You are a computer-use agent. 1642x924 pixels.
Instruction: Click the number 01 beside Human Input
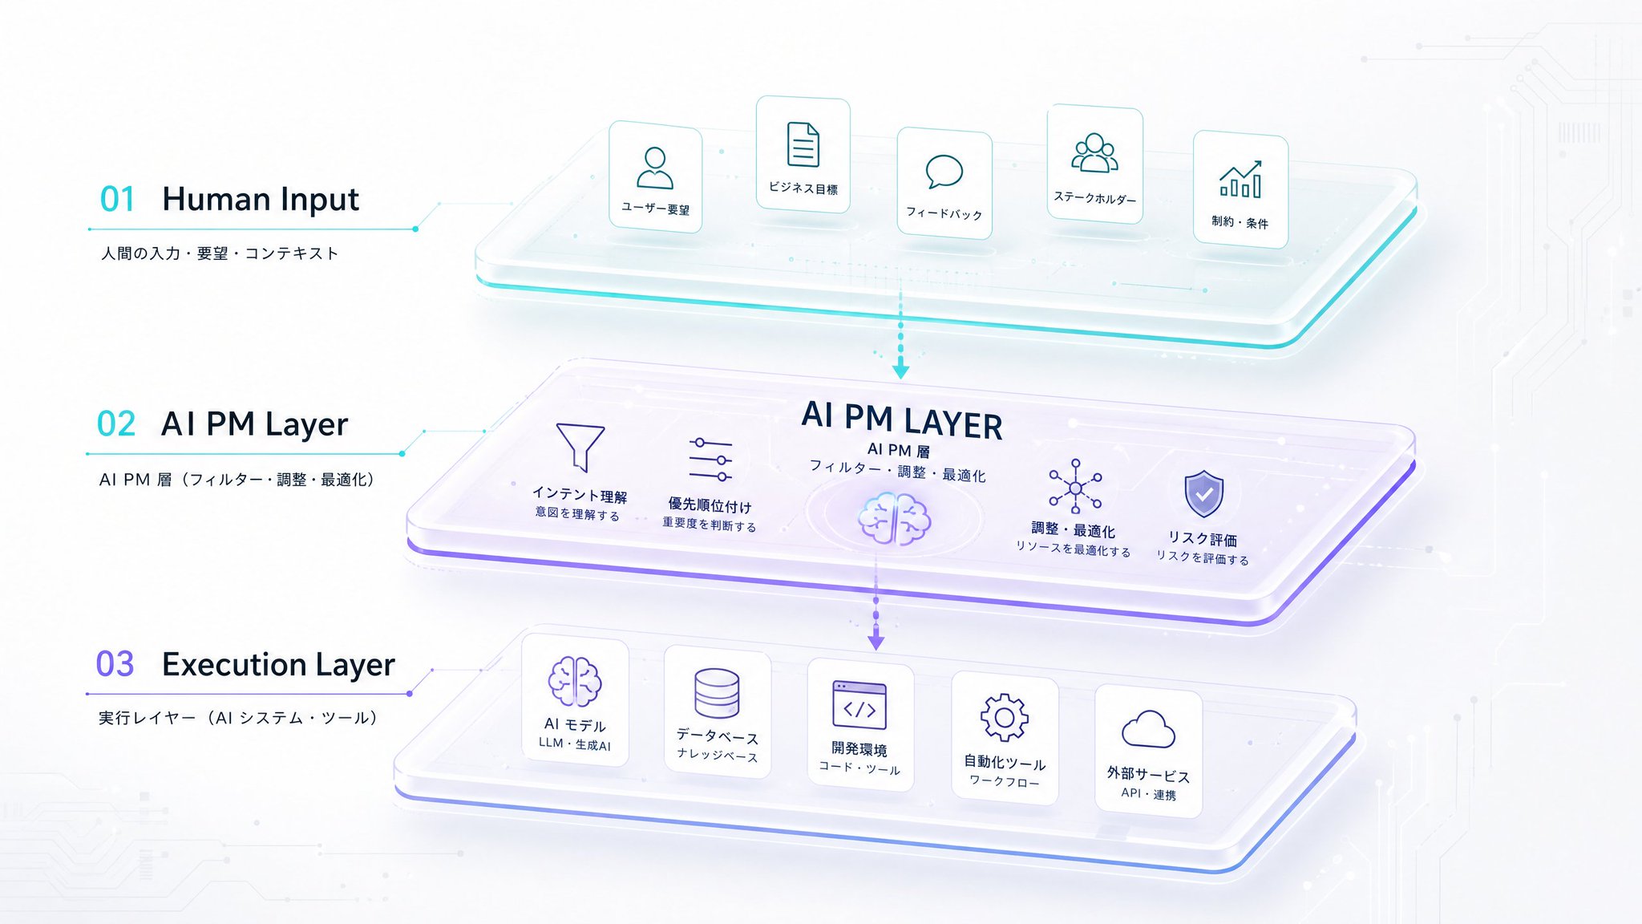pos(117,199)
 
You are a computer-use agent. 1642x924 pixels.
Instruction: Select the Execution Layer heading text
pos(278,665)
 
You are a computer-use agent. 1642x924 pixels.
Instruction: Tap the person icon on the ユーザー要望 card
pos(655,168)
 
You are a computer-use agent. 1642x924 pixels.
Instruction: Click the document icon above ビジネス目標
pos(803,144)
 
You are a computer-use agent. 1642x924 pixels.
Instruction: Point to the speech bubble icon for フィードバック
pos(944,172)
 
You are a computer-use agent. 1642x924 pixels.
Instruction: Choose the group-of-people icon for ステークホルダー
pos(1094,152)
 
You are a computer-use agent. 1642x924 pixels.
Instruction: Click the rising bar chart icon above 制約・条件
pos(1240,179)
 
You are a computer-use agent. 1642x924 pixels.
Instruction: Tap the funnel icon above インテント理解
pos(580,447)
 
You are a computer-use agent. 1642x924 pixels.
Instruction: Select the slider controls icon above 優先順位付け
pos(710,460)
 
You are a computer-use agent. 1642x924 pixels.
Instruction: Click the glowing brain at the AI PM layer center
pos(894,519)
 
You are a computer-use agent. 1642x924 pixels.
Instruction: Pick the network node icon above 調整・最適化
pos(1075,487)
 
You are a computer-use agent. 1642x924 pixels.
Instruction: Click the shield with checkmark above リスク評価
pos(1203,494)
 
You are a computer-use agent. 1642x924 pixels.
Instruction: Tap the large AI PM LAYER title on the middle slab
pos(902,420)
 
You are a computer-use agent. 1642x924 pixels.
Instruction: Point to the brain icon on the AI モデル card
pos(575,682)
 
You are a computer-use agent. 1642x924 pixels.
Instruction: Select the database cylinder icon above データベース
pos(717,693)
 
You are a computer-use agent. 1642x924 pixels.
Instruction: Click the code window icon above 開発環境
pos(859,705)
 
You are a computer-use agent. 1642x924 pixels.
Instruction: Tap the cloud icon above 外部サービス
pos(1148,729)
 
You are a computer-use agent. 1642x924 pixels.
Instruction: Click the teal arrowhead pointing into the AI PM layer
pos(900,371)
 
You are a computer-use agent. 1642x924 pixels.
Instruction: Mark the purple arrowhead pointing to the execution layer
pos(876,642)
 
